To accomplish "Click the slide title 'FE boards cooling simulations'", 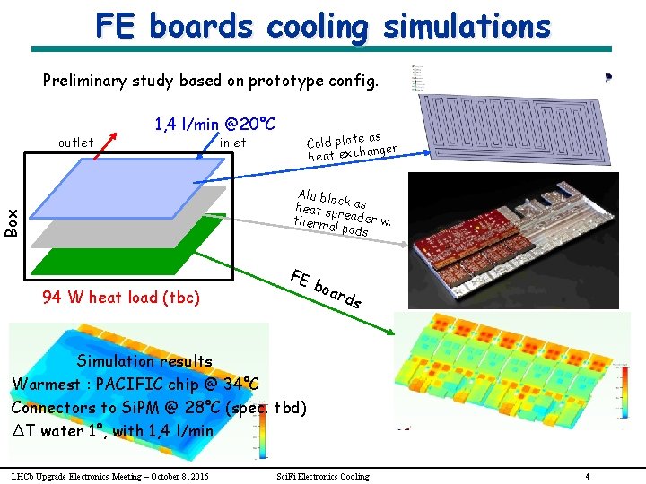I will click(x=322, y=26).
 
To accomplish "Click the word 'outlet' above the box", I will click(x=75, y=143).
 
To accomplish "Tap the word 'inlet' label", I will click(x=232, y=143).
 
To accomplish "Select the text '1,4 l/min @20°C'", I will click(x=214, y=123).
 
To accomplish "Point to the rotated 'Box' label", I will click(x=12, y=221).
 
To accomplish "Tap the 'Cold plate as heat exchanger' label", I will click(x=351, y=145).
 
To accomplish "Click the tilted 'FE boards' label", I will click(x=327, y=287).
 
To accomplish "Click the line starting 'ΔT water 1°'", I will click(x=113, y=430).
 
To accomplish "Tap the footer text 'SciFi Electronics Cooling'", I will click(x=323, y=476).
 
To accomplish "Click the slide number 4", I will click(x=587, y=476).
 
